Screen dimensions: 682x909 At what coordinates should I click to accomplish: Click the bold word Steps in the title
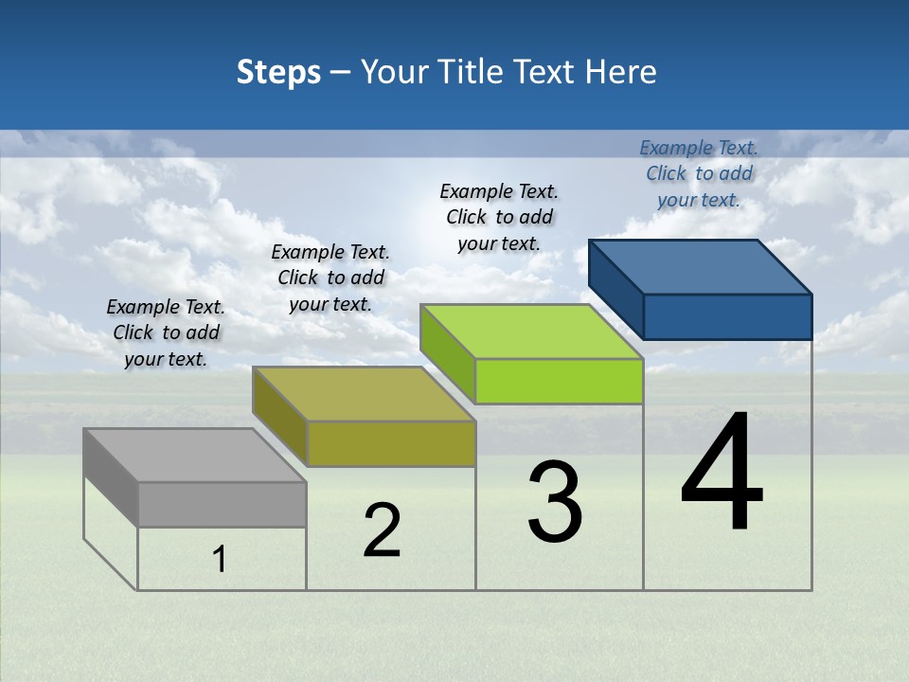[278, 72]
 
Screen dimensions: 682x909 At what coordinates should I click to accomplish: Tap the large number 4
[722, 474]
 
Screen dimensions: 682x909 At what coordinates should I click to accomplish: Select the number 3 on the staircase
[555, 502]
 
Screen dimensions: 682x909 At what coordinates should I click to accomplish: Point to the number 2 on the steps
[382, 530]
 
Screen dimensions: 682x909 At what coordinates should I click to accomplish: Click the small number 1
[220, 560]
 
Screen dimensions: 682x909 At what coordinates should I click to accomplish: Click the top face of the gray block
[195, 456]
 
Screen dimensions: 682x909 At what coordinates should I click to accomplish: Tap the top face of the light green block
[531, 332]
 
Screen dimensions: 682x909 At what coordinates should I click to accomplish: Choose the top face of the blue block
[700, 267]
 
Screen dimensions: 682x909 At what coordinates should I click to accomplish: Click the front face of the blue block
[727, 316]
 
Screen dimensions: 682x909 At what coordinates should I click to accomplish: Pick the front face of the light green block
[559, 381]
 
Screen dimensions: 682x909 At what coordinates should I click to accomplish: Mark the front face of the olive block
[391, 443]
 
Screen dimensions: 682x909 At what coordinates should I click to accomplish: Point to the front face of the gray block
[223, 504]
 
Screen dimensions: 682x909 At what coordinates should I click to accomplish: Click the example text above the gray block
[166, 332]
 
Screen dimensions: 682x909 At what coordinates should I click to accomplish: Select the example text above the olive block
[330, 278]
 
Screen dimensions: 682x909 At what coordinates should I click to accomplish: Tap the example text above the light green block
[499, 217]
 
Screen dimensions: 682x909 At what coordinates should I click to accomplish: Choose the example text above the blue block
[699, 173]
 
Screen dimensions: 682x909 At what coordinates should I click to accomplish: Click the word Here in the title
[622, 72]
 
